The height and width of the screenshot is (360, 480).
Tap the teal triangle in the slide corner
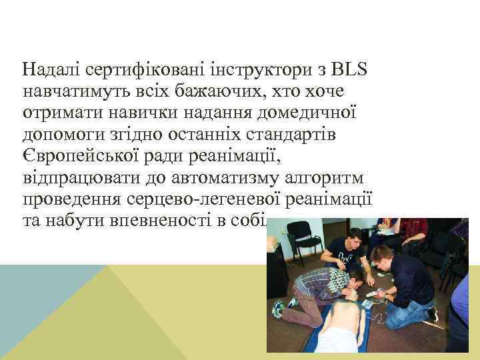point(40,300)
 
